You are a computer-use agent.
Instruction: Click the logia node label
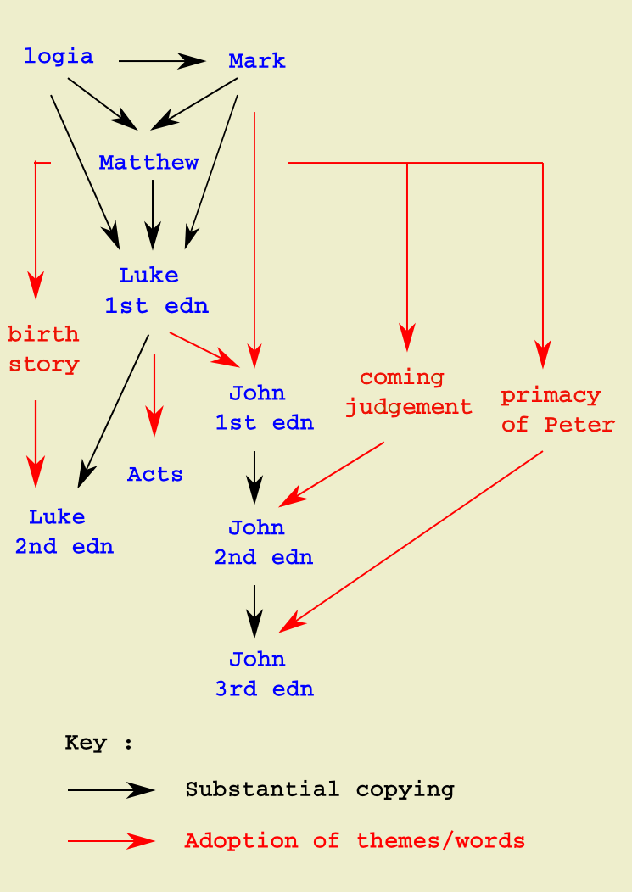pos(59,57)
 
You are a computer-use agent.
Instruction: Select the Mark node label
pos(257,61)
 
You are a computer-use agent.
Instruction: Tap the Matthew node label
pos(148,162)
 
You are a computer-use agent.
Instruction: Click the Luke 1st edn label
pos(156,291)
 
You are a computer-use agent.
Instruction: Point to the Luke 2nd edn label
pos(64,532)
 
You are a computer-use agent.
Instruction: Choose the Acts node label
pos(154,475)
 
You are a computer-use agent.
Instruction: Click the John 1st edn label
pos(264,408)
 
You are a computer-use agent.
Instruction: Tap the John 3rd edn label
pos(264,674)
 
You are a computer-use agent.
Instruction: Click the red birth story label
pos(43,349)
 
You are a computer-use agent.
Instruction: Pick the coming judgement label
pos(408,392)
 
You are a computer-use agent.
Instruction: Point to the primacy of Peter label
pos(557,410)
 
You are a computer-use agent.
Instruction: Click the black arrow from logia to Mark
pos(161,61)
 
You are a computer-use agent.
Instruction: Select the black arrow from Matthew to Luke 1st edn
pos(153,214)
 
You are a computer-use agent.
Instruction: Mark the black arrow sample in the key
pos(110,790)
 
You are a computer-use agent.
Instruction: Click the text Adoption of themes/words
pos(355,841)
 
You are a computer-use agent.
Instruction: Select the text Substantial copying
pos(320,790)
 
